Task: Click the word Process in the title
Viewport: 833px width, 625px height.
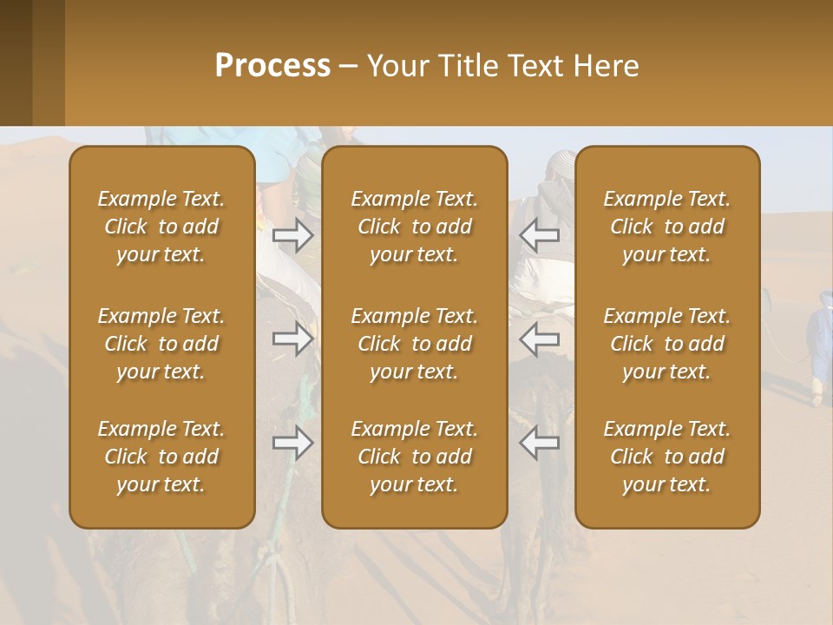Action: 272,66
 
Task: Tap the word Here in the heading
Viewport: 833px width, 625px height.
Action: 606,66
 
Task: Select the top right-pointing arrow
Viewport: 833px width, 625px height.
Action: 292,234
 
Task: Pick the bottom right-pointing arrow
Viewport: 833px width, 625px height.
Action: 292,443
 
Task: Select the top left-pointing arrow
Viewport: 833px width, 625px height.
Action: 539,234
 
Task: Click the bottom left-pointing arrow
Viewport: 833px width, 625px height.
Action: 539,443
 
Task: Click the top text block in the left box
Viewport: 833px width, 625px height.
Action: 161,227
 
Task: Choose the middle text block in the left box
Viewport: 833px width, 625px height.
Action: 161,344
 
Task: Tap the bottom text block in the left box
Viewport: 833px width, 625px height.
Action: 161,457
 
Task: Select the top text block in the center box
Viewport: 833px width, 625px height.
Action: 415,227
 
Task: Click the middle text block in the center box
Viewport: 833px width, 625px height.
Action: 415,344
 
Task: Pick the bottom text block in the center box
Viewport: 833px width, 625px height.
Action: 415,457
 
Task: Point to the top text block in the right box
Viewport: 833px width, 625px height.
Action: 667,227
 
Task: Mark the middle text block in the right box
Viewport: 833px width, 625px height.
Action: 667,344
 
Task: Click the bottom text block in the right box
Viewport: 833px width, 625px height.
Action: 667,457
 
